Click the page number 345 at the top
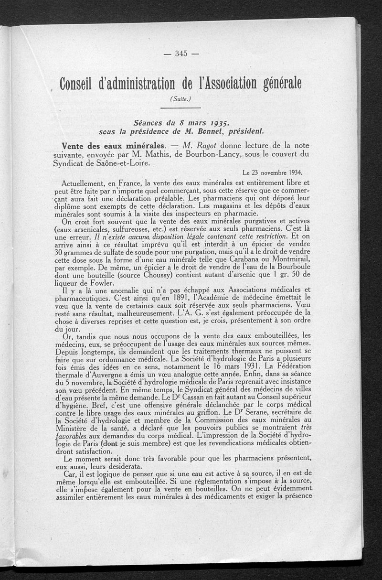tap(180, 54)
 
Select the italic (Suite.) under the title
tap(180, 99)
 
